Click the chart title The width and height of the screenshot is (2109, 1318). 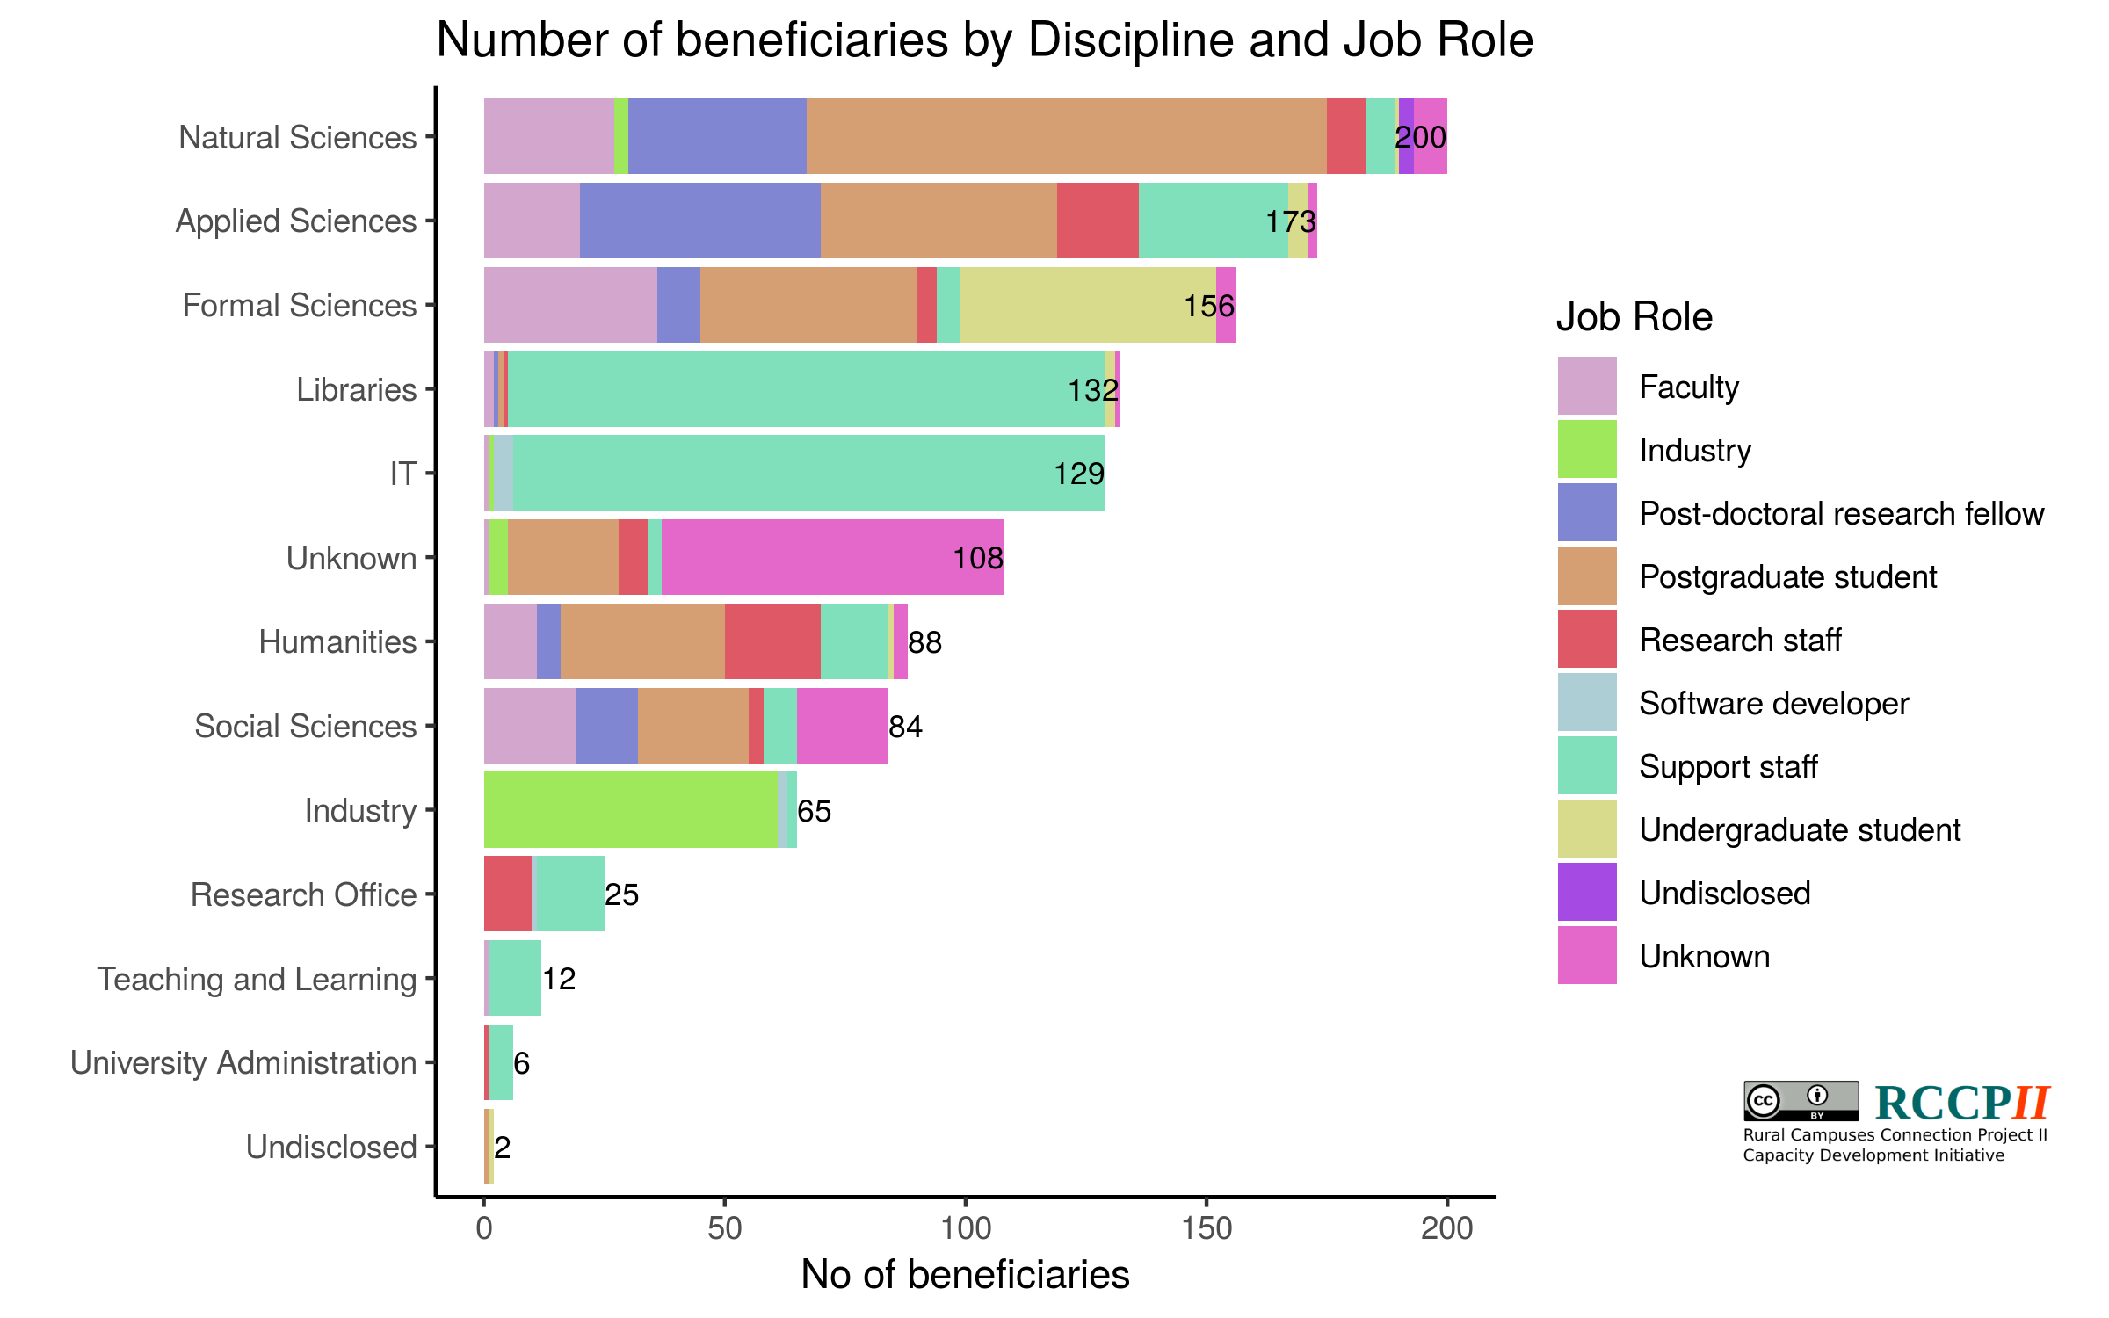[x=984, y=40]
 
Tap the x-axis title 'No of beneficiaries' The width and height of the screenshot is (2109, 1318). [x=965, y=1274]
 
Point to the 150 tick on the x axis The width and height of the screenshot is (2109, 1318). [x=1206, y=1228]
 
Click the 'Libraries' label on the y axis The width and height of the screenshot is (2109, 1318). [x=356, y=389]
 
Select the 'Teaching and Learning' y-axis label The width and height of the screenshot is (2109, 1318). [x=257, y=979]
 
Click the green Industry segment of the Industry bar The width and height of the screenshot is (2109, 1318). [x=631, y=810]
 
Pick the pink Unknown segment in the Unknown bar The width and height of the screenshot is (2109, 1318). [x=832, y=558]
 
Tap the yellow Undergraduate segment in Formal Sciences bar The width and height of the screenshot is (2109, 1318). [x=1088, y=305]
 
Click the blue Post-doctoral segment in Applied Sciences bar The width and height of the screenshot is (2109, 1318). [x=699, y=221]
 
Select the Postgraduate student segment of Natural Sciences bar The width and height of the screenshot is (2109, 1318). [x=1066, y=136]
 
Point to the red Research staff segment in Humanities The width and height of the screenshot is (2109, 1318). [x=772, y=641]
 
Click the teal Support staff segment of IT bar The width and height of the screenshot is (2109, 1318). [x=808, y=474]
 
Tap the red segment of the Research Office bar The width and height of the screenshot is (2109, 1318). [x=507, y=894]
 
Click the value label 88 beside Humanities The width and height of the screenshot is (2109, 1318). [x=924, y=642]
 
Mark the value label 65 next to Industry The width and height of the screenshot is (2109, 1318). [x=814, y=811]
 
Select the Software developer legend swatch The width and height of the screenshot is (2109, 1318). [x=1586, y=703]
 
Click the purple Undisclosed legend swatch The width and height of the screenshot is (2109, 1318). [x=1586, y=893]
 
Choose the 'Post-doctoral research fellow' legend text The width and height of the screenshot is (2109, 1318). [x=1841, y=513]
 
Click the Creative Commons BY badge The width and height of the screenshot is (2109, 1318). [x=1801, y=1100]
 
